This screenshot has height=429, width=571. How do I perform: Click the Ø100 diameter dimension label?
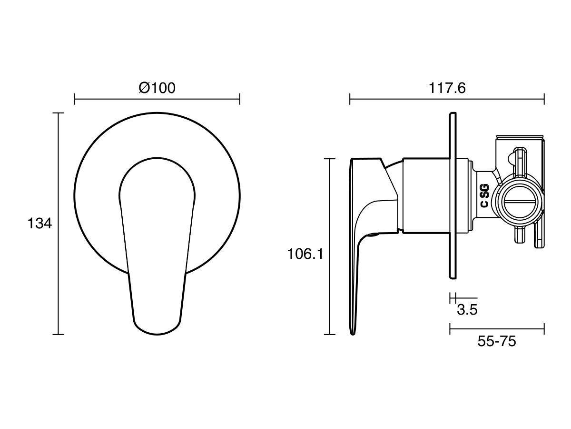pos(157,88)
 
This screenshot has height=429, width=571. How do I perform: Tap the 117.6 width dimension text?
pos(447,88)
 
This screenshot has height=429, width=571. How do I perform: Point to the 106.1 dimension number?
pos(305,254)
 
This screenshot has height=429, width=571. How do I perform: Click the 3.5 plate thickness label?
pos(467,310)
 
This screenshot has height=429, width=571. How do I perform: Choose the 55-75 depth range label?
pos(497,341)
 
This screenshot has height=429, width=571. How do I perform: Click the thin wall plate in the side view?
pos(453,195)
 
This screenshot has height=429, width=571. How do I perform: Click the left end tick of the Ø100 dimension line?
pos(75,99)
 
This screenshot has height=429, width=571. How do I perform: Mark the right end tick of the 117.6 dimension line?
pos(544,99)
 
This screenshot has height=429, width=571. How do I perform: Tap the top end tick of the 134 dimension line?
pos(58,113)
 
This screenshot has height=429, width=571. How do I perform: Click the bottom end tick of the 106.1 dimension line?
pos(330,335)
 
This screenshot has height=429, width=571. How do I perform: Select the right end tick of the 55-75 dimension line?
pos(544,329)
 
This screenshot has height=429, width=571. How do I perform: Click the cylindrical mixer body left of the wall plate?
pos(425,195)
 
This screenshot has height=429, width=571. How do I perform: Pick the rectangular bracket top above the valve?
pos(520,138)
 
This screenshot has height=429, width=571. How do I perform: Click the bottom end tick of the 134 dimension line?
pos(58,335)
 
